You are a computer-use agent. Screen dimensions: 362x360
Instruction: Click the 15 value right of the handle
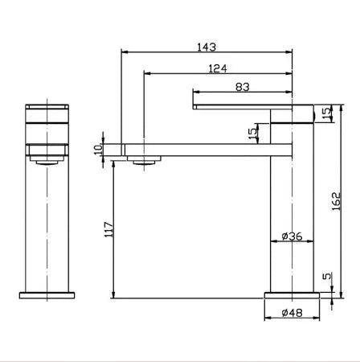(x=325, y=113)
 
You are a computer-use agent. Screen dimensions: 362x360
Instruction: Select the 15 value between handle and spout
(x=252, y=130)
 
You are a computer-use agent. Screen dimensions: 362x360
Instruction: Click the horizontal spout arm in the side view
(x=201, y=149)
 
